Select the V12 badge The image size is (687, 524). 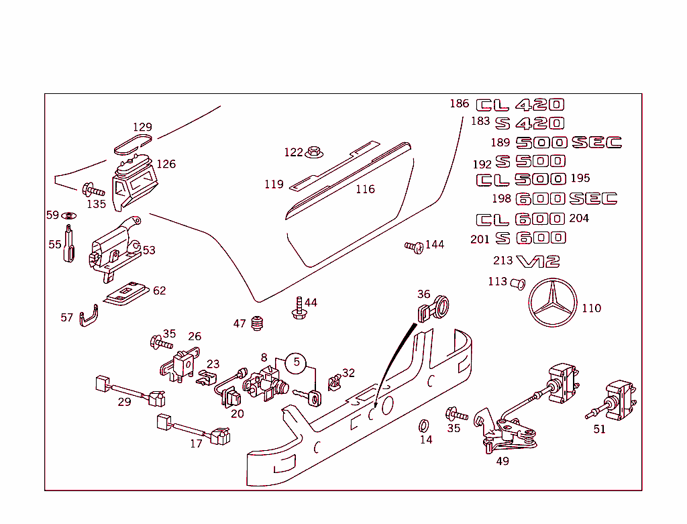pyautogui.click(x=537, y=261)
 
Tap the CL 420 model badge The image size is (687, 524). pyautogui.click(x=520, y=105)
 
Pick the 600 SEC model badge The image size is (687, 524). pyautogui.click(x=566, y=199)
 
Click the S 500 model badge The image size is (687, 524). pyautogui.click(x=530, y=162)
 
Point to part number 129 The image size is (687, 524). pyautogui.click(x=142, y=127)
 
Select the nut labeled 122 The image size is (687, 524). pyautogui.click(x=313, y=153)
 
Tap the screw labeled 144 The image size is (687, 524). pyautogui.click(x=414, y=247)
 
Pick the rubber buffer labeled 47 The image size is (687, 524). pyautogui.click(x=256, y=323)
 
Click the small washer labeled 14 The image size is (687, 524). pyautogui.click(x=424, y=425)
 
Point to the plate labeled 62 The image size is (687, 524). pyautogui.click(x=127, y=293)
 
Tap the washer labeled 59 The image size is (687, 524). pyautogui.click(x=68, y=216)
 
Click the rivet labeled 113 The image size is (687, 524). pyautogui.click(x=517, y=283)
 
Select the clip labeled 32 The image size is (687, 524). pyautogui.click(x=333, y=382)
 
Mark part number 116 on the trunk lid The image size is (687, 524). pyautogui.click(x=365, y=189)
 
